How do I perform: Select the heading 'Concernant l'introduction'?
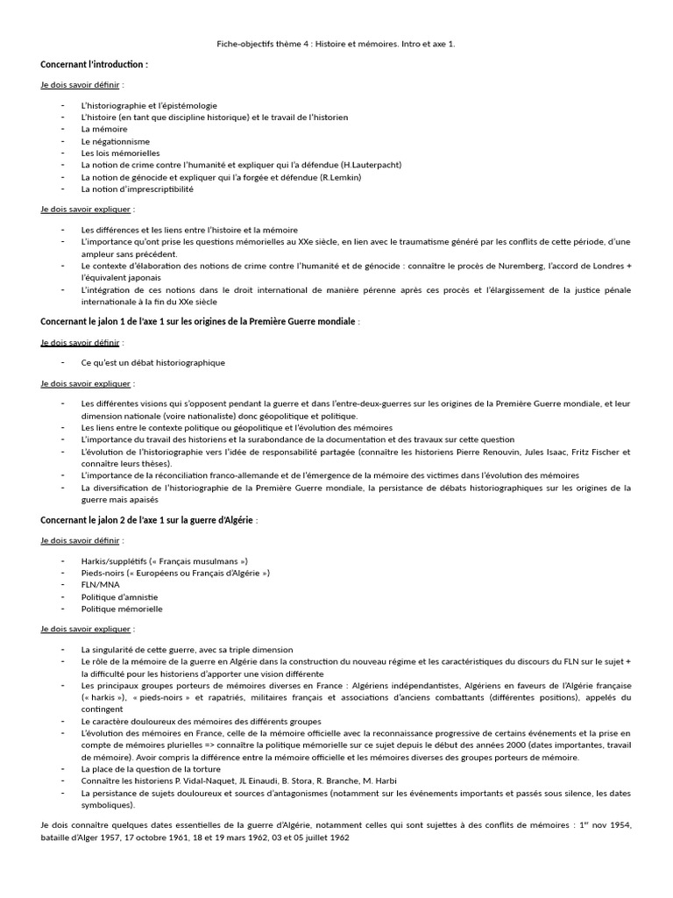pyautogui.click(x=95, y=65)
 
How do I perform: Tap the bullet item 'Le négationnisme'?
pyautogui.click(x=115, y=141)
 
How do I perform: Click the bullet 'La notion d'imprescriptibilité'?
pyautogui.click(x=137, y=189)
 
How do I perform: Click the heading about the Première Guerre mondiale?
pyautogui.click(x=199, y=322)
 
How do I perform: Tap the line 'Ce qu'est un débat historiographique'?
pyautogui.click(x=152, y=362)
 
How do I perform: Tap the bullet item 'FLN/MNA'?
pyautogui.click(x=102, y=584)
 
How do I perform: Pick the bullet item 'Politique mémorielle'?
pyautogui.click(x=122, y=608)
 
